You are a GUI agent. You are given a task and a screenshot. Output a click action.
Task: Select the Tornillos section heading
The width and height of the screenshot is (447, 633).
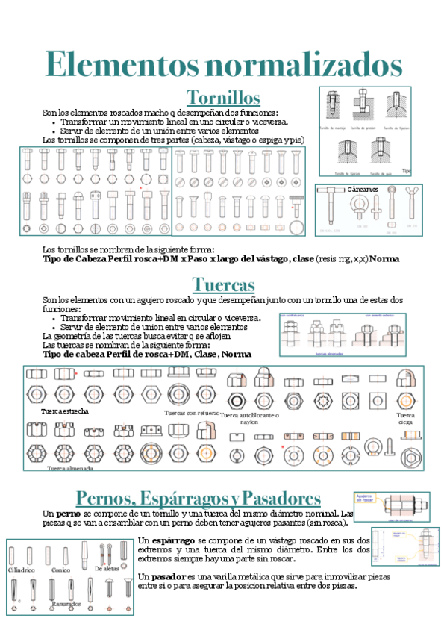[223, 98]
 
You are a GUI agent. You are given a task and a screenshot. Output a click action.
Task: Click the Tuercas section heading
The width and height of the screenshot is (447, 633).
[223, 284]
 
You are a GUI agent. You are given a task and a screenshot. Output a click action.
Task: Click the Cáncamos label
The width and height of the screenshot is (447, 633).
[363, 190]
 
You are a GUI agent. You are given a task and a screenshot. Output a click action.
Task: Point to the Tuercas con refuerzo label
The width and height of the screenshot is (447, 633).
[192, 412]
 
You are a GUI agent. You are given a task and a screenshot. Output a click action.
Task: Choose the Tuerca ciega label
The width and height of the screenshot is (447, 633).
[406, 418]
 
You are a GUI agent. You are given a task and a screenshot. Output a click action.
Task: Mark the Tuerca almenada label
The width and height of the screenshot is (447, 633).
[70, 468]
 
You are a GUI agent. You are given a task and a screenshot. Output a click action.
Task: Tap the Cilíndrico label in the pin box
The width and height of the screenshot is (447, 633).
[22, 570]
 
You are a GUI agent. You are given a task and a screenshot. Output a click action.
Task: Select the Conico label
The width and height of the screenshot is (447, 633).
[61, 570]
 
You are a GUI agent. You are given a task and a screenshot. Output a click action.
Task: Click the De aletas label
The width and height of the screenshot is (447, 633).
[107, 569]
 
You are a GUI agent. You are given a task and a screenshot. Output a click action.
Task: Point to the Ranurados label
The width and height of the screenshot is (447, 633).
[66, 603]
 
